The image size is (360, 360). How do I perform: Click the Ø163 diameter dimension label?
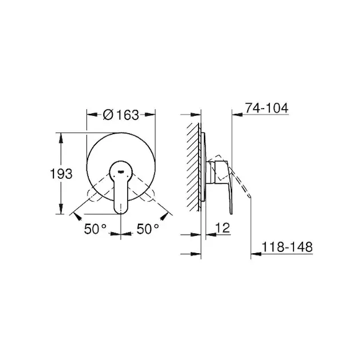point(121,115)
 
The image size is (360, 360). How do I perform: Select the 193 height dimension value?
point(61,173)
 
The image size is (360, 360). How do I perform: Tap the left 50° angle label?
point(95,229)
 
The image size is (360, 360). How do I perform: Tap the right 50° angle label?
point(148,229)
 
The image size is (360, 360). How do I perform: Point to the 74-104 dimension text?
point(266,108)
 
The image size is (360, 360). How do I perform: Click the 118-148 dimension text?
point(287,247)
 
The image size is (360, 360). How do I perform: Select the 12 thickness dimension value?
point(223,228)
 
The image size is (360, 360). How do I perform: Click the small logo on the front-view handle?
point(121,171)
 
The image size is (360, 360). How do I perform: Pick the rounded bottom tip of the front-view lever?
point(121,212)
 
